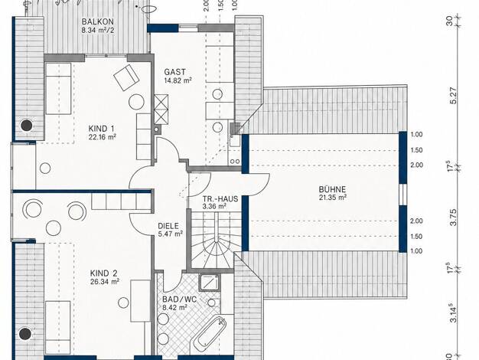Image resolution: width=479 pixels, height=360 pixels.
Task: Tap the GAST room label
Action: coord(174,72)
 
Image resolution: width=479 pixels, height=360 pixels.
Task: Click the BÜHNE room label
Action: coord(332,189)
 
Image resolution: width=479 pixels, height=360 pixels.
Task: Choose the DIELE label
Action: coord(168,226)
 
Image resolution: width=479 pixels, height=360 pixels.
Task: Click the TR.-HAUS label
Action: coord(220,199)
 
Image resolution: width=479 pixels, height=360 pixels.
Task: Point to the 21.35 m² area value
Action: coord(333,198)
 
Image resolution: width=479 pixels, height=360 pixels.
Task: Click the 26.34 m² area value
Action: coord(105,281)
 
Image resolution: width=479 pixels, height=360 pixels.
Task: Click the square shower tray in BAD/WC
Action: coord(209,283)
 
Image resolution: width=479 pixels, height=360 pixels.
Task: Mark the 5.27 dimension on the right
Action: coord(454,96)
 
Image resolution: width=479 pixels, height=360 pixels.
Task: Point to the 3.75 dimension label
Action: coord(454,218)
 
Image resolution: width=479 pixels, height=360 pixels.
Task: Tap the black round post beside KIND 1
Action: coord(26,125)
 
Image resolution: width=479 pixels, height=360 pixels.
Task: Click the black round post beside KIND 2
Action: coord(25,334)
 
